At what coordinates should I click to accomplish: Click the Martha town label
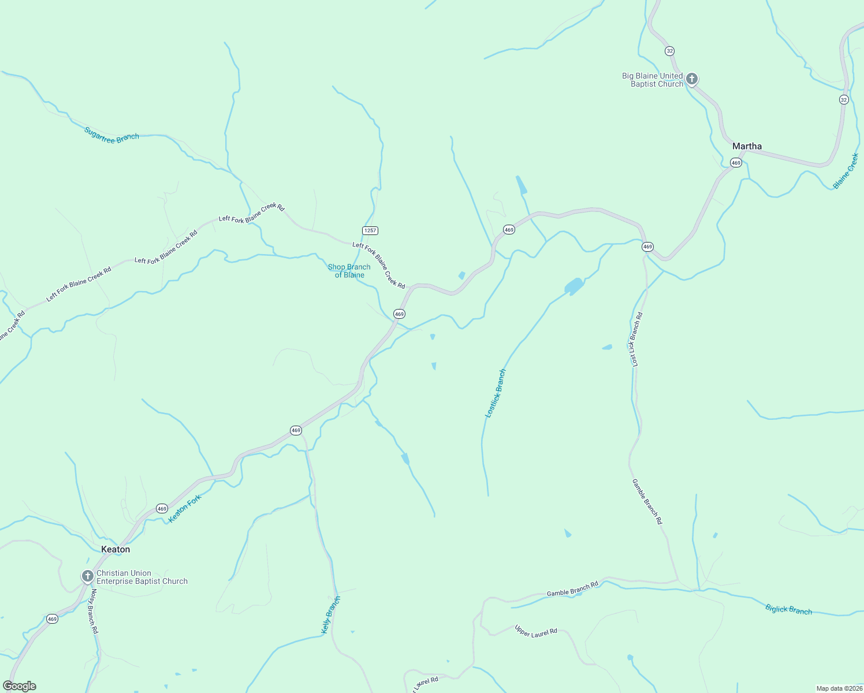coord(747,146)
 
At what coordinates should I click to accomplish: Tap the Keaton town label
coord(116,549)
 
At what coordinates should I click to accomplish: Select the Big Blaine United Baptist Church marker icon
coord(691,79)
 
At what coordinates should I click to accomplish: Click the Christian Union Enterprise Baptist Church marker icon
coord(87,576)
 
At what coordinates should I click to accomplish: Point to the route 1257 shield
coord(370,230)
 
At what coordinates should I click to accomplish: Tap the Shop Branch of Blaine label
coord(349,271)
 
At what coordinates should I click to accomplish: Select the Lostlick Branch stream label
coord(496,393)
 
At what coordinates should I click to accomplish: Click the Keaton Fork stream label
coord(185,509)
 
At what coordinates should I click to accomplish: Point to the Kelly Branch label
coord(331,615)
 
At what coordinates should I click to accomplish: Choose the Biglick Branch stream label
coord(788,609)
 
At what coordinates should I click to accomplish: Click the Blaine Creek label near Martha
coord(846,171)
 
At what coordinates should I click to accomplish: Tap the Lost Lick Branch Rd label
coord(636,340)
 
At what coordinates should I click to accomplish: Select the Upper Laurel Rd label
coord(536,631)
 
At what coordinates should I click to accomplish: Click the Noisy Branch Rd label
coord(92,611)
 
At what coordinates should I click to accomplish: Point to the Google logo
coord(20,686)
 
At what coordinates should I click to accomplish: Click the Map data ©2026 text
coord(839,688)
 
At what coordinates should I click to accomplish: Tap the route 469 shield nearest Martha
coord(736,163)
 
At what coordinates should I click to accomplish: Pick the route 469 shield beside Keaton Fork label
coord(162,509)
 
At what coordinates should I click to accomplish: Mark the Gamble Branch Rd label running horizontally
coord(572,590)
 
